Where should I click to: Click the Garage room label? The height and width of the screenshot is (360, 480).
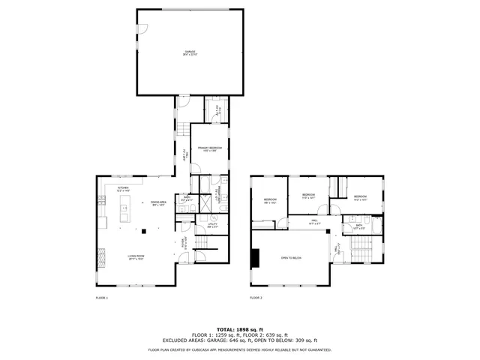tap(189, 52)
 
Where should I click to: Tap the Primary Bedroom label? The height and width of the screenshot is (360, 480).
tap(210, 149)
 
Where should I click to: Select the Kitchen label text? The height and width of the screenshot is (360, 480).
tap(123, 189)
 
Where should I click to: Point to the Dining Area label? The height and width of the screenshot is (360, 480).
tap(157, 203)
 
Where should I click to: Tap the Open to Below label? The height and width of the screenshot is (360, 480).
tap(291, 257)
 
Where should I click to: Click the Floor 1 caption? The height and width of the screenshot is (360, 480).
tap(102, 298)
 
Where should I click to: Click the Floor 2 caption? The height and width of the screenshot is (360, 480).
tap(256, 298)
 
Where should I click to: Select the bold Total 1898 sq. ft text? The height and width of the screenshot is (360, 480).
tap(239, 329)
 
